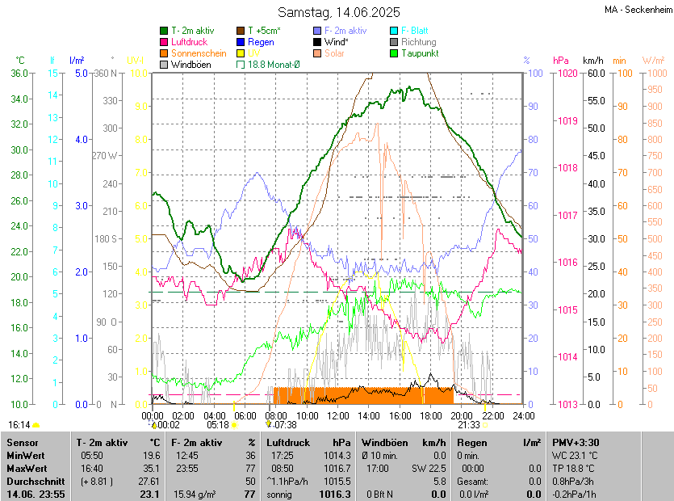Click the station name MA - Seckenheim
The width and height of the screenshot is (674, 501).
[x=637, y=10]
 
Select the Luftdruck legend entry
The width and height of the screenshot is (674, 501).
[x=189, y=42]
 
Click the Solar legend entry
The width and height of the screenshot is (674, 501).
[x=334, y=53]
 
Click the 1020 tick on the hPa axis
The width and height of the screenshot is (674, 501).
[x=567, y=73]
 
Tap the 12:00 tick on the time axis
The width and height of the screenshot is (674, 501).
[x=338, y=415]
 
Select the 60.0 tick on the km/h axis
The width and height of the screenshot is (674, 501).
[x=595, y=73]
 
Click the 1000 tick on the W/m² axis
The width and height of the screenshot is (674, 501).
[x=654, y=73]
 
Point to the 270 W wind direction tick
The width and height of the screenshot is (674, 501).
[x=105, y=156]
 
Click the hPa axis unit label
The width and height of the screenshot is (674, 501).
[x=560, y=61]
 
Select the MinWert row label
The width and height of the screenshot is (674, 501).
[x=26, y=456]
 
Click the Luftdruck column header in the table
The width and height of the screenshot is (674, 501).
[x=287, y=443]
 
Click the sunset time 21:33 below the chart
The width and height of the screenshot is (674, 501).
[x=469, y=424]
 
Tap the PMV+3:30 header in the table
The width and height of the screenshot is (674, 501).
[x=576, y=443]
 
